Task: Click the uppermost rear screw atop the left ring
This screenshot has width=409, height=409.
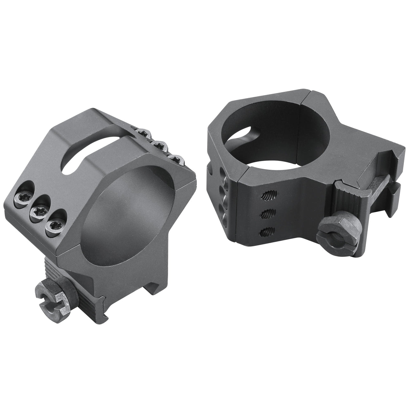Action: coord(143,131)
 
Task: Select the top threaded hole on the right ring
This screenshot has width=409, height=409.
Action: coord(267,195)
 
